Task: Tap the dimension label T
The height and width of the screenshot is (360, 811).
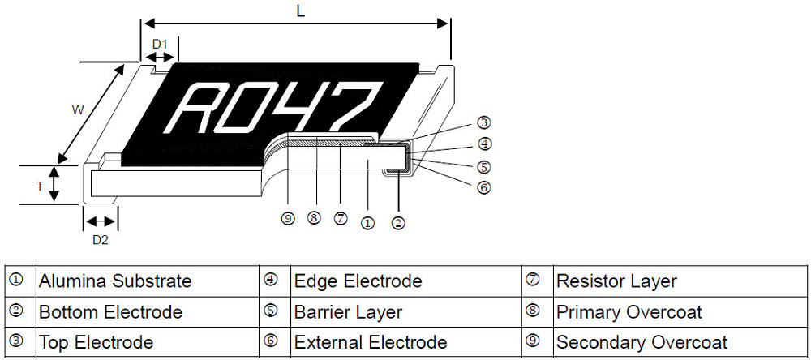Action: tap(39, 186)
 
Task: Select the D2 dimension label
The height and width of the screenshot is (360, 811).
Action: tap(100, 239)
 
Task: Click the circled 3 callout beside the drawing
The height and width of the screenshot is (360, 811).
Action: tap(483, 123)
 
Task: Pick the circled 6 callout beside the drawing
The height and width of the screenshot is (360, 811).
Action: tap(483, 187)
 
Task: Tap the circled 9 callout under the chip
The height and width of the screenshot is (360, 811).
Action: tap(287, 218)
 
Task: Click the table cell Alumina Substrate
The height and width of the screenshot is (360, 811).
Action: tap(115, 281)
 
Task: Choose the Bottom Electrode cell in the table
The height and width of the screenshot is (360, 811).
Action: tap(110, 312)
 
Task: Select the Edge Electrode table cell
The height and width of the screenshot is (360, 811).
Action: tap(358, 281)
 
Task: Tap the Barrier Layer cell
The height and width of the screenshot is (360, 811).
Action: tap(348, 312)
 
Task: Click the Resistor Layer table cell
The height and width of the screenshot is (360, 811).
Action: tap(616, 281)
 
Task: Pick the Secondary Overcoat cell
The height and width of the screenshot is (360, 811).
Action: tap(642, 342)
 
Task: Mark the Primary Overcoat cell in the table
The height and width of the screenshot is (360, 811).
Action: tap(629, 312)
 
